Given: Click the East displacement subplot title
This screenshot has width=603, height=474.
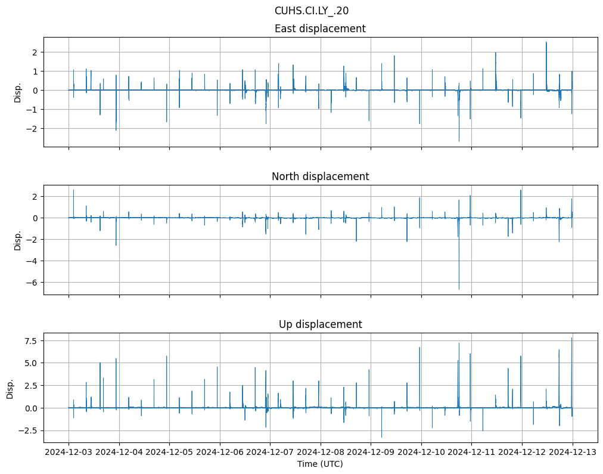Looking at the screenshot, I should (320, 29).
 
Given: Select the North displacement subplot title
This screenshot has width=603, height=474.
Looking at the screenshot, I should (320, 176).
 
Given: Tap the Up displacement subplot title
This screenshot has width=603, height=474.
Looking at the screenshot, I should (320, 324).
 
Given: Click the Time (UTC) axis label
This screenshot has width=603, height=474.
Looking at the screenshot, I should (320, 464).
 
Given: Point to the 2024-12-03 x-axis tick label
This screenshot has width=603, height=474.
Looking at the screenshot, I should (69, 452).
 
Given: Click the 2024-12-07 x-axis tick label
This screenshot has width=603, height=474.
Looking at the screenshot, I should (270, 452).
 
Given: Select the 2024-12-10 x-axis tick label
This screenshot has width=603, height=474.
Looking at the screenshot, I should (421, 452).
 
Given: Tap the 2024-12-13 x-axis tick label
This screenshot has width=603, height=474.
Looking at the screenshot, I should (573, 452).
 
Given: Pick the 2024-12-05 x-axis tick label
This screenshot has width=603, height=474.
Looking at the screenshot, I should (169, 452).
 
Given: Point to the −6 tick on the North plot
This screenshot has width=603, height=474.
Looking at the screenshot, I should (33, 282).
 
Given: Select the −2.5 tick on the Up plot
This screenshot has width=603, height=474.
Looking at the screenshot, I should (29, 430).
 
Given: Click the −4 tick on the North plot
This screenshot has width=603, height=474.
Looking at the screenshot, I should (33, 261).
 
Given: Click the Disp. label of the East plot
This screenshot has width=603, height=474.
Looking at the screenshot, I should (18, 92).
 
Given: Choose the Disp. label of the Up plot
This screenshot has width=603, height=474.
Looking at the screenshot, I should (11, 388).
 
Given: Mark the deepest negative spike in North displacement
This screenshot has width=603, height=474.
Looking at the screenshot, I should (459, 289).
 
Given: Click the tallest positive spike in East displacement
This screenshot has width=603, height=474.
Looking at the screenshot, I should (546, 42).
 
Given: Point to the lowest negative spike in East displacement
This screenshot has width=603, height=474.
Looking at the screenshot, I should (459, 141).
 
